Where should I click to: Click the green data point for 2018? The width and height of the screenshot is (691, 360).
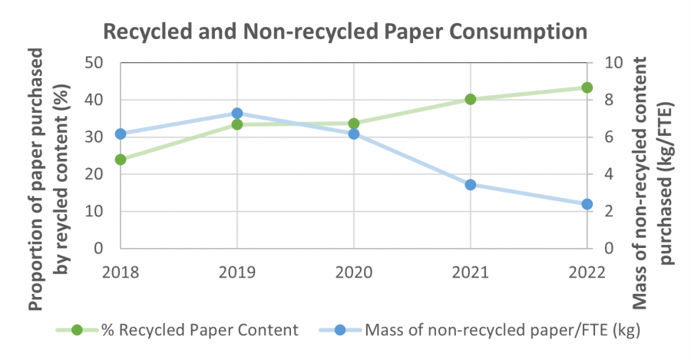point(121,160)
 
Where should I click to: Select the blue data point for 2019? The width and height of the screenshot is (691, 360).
point(237,114)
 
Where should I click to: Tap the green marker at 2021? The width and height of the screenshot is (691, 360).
point(470,99)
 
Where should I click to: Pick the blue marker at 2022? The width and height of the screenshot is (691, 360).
point(587,204)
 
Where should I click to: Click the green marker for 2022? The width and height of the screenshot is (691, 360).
point(587,88)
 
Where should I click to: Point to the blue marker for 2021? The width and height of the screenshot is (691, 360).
point(470,185)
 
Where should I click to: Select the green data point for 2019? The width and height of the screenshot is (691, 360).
point(237,124)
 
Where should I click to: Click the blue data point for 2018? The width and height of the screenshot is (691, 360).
point(121,134)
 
